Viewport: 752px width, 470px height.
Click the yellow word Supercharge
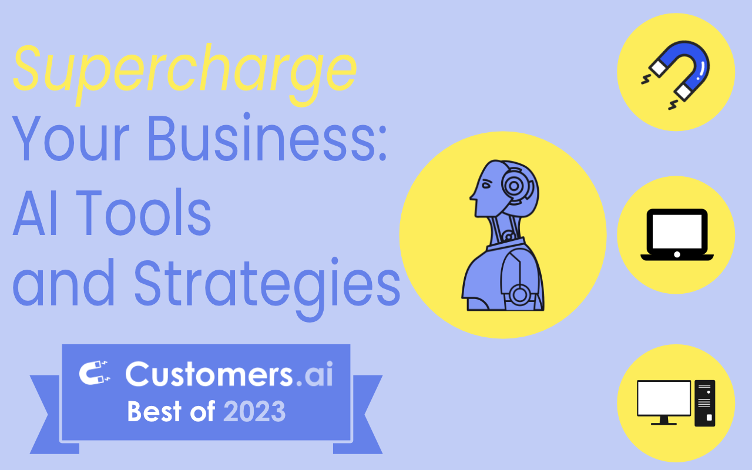coord(184,70)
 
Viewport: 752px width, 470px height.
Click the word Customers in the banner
coord(209,374)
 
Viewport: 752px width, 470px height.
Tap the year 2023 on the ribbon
coord(254,412)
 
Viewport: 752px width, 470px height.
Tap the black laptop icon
coord(676,234)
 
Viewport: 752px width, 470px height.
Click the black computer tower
coord(704,403)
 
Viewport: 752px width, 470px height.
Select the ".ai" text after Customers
coord(314,374)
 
